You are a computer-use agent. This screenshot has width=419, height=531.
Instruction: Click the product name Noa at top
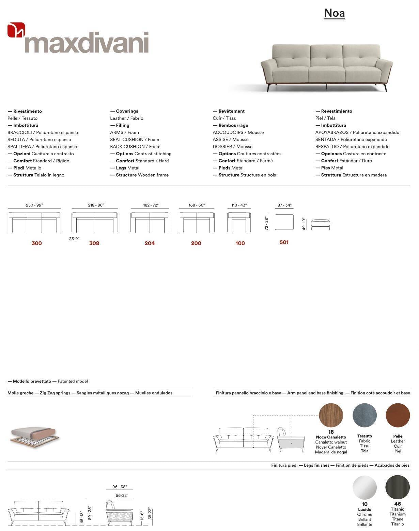coord(334,13)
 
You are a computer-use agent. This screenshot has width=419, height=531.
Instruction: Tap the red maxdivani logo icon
coord(16,30)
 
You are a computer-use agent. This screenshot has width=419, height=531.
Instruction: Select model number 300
coord(36,243)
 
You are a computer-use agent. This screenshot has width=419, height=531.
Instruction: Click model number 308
coord(94,243)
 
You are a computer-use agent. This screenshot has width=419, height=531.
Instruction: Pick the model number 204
coord(150,243)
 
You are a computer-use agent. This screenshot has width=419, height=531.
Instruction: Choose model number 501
coord(284,242)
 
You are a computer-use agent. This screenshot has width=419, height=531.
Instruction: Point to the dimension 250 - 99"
coord(34,205)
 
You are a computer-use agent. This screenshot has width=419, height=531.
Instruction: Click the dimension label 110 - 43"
coord(239,205)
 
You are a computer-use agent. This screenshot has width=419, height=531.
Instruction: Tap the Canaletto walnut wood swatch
coord(331,415)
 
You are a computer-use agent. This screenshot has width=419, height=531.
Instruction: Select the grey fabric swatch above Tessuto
coord(364,415)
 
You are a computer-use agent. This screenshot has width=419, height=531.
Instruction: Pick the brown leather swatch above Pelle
coord(398,415)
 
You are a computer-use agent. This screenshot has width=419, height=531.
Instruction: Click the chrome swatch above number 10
coord(364,487)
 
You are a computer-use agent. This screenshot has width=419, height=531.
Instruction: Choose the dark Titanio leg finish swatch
coord(398,487)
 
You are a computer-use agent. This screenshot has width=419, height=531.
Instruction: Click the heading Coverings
coord(127,111)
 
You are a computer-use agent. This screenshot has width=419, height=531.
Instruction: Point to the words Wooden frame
coord(153,175)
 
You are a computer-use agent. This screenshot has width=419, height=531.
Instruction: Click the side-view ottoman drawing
coord(320,224)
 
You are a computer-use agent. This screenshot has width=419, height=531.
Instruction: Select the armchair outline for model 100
coord(239,223)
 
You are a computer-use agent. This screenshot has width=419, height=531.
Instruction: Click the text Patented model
coord(73,381)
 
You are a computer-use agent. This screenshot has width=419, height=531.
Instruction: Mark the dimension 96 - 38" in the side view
coord(120,487)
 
